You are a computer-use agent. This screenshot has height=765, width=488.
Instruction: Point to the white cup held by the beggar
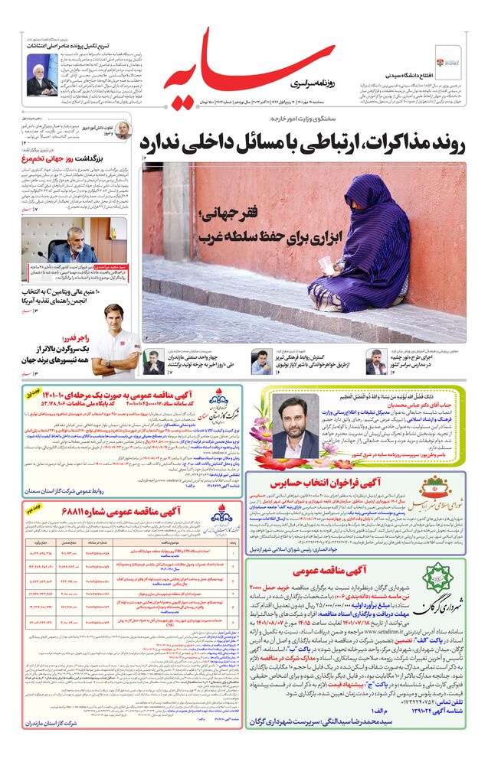coord(326,264)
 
